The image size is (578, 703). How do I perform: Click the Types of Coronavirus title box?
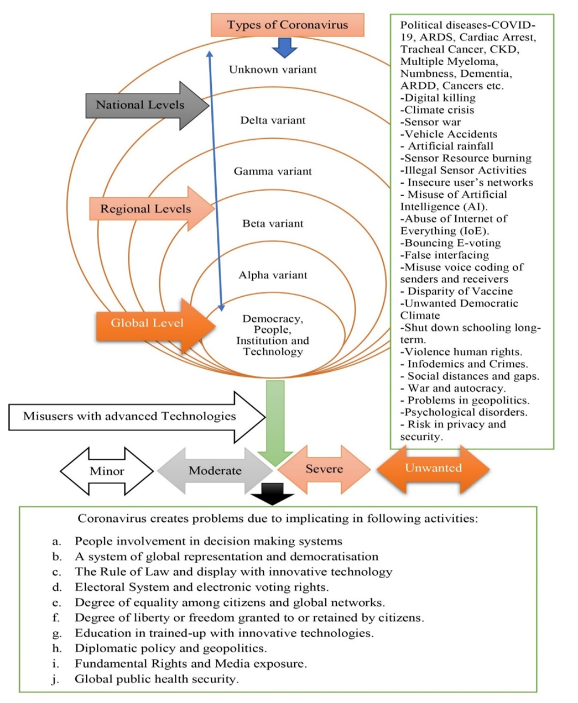click(x=287, y=25)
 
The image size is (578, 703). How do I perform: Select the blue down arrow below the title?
click(x=285, y=48)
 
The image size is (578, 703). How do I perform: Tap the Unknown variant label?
click(x=273, y=70)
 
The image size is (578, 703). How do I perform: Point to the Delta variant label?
click(x=273, y=120)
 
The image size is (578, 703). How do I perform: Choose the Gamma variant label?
click(x=273, y=171)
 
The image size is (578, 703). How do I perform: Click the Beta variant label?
click(x=273, y=224)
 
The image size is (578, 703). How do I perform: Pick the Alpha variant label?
click(x=273, y=275)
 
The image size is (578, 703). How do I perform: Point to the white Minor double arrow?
click(x=107, y=471)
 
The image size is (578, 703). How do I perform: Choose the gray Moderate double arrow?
click(x=215, y=471)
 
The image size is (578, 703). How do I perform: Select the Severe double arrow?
click(x=324, y=469)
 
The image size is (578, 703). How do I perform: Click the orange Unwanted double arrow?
click(x=433, y=468)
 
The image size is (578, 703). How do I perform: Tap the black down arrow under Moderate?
click(x=272, y=494)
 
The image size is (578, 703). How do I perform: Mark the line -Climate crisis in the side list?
click(x=437, y=110)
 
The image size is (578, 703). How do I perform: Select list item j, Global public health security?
click(x=157, y=679)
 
